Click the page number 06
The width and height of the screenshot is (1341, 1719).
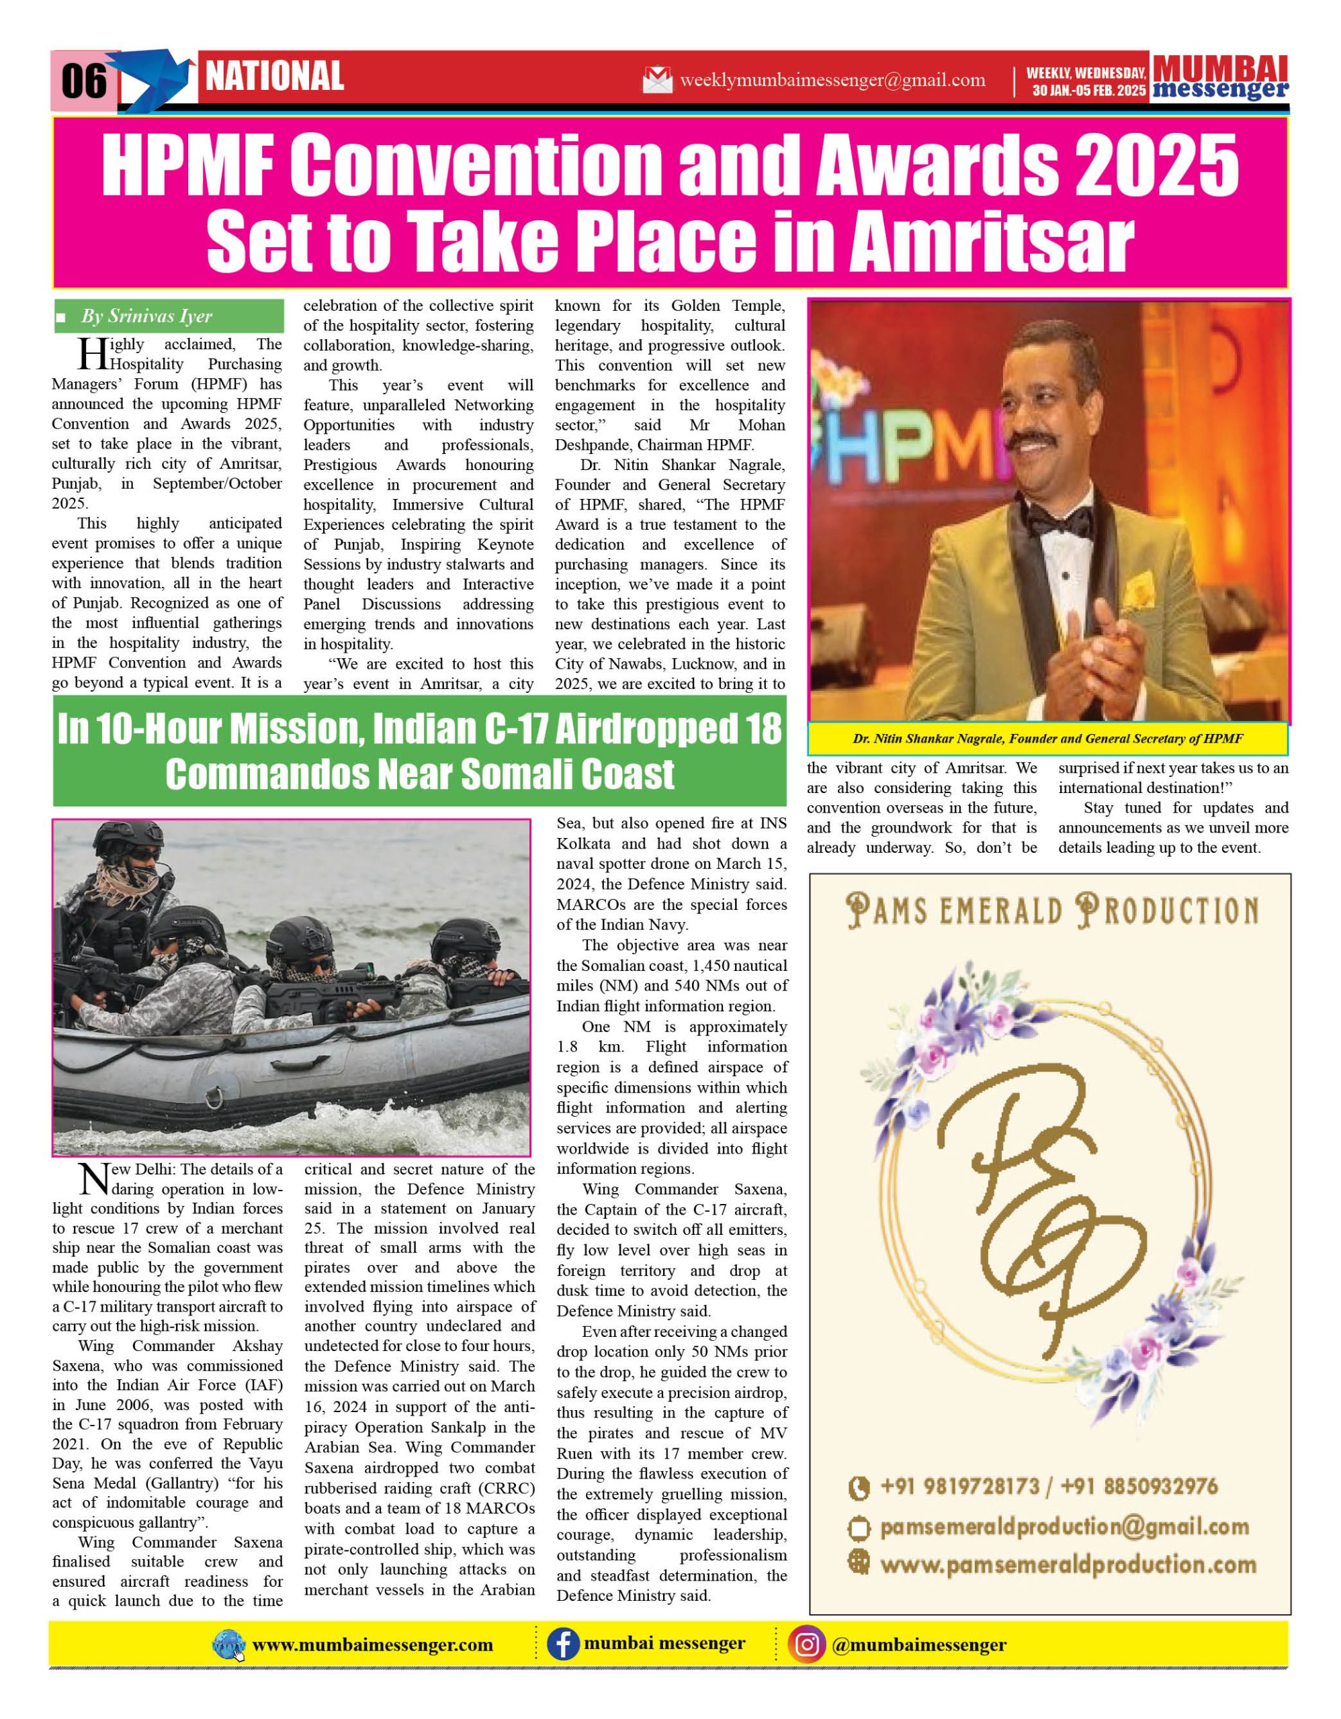(x=83, y=81)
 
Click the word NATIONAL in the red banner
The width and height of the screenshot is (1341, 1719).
(x=274, y=77)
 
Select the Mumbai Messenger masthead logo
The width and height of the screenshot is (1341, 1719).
(x=1220, y=78)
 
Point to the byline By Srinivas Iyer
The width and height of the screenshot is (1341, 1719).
(x=146, y=316)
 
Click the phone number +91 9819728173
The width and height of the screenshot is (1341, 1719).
(x=959, y=1486)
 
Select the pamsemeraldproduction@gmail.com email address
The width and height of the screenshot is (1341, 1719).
(x=1064, y=1528)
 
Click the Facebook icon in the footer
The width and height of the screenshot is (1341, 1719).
(x=562, y=1644)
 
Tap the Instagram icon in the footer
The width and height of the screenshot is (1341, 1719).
(x=806, y=1644)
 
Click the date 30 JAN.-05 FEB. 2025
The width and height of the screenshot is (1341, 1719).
(x=1089, y=91)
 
